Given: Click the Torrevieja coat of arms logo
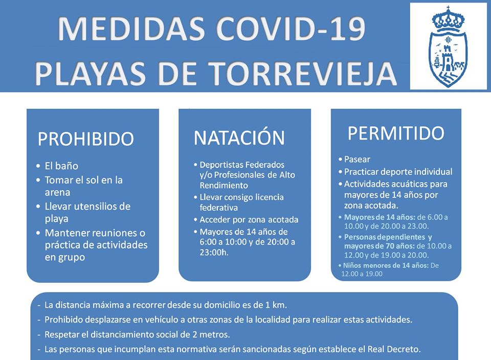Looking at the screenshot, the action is [x=448, y=47].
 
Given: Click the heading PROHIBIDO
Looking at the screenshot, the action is [x=86, y=139].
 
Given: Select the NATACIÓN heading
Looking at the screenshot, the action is [x=239, y=138].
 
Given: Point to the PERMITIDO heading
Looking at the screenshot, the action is [x=396, y=133].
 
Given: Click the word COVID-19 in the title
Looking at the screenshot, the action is [x=291, y=29].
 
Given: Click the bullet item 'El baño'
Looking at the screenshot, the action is [x=61, y=166].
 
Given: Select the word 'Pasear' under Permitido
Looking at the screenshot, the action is [x=357, y=160].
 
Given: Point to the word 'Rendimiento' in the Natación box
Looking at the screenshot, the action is [x=224, y=185].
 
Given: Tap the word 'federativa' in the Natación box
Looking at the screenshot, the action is [x=218, y=208].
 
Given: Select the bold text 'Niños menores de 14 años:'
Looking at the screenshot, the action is [x=386, y=265].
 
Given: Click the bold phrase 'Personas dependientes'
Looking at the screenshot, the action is [x=385, y=237].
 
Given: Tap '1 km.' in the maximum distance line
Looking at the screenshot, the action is [x=276, y=305].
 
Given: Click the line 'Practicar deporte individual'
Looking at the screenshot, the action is [x=398, y=171].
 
